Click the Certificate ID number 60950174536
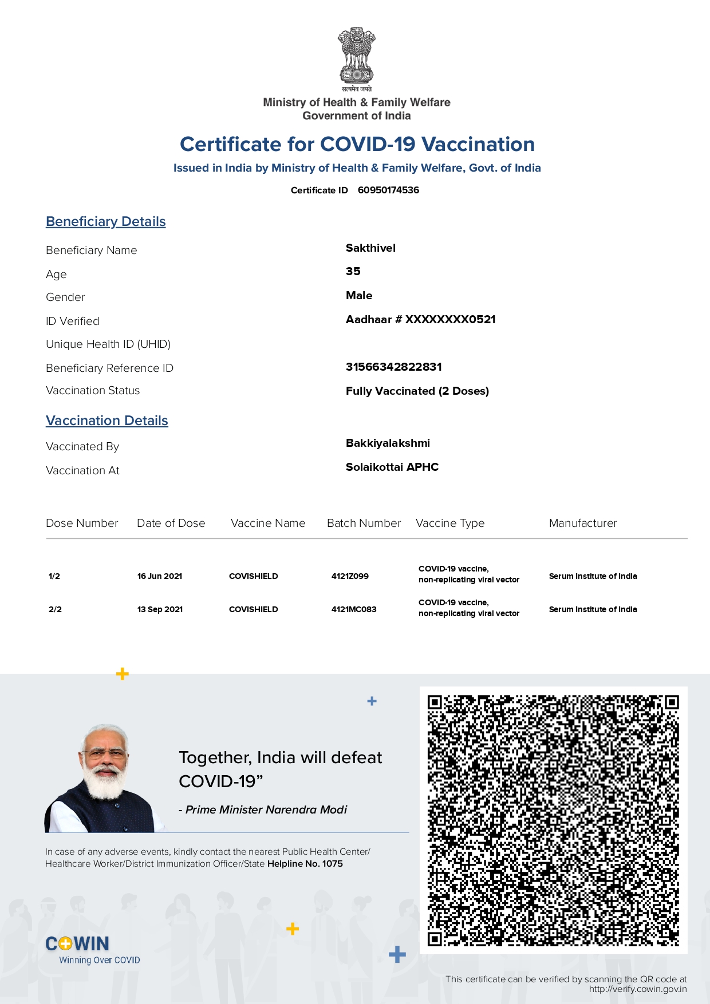tap(388, 190)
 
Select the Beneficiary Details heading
tap(106, 221)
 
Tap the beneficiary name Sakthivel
tap(370, 248)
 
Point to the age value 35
tap(353, 271)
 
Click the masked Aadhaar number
tap(420, 319)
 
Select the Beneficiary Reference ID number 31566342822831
tap(393, 367)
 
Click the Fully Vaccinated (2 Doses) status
tap(417, 391)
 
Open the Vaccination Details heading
tap(107, 420)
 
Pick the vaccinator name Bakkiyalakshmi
tap(388, 443)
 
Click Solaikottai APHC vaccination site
tap(392, 467)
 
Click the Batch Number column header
tap(364, 523)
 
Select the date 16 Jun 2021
tap(160, 576)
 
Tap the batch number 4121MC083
tap(354, 609)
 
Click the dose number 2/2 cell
tap(55, 609)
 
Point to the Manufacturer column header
tap(583, 523)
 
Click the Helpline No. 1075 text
tap(305, 863)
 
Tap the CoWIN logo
tap(78, 943)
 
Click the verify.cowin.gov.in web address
tap(638, 989)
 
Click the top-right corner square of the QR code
tap(672, 702)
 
